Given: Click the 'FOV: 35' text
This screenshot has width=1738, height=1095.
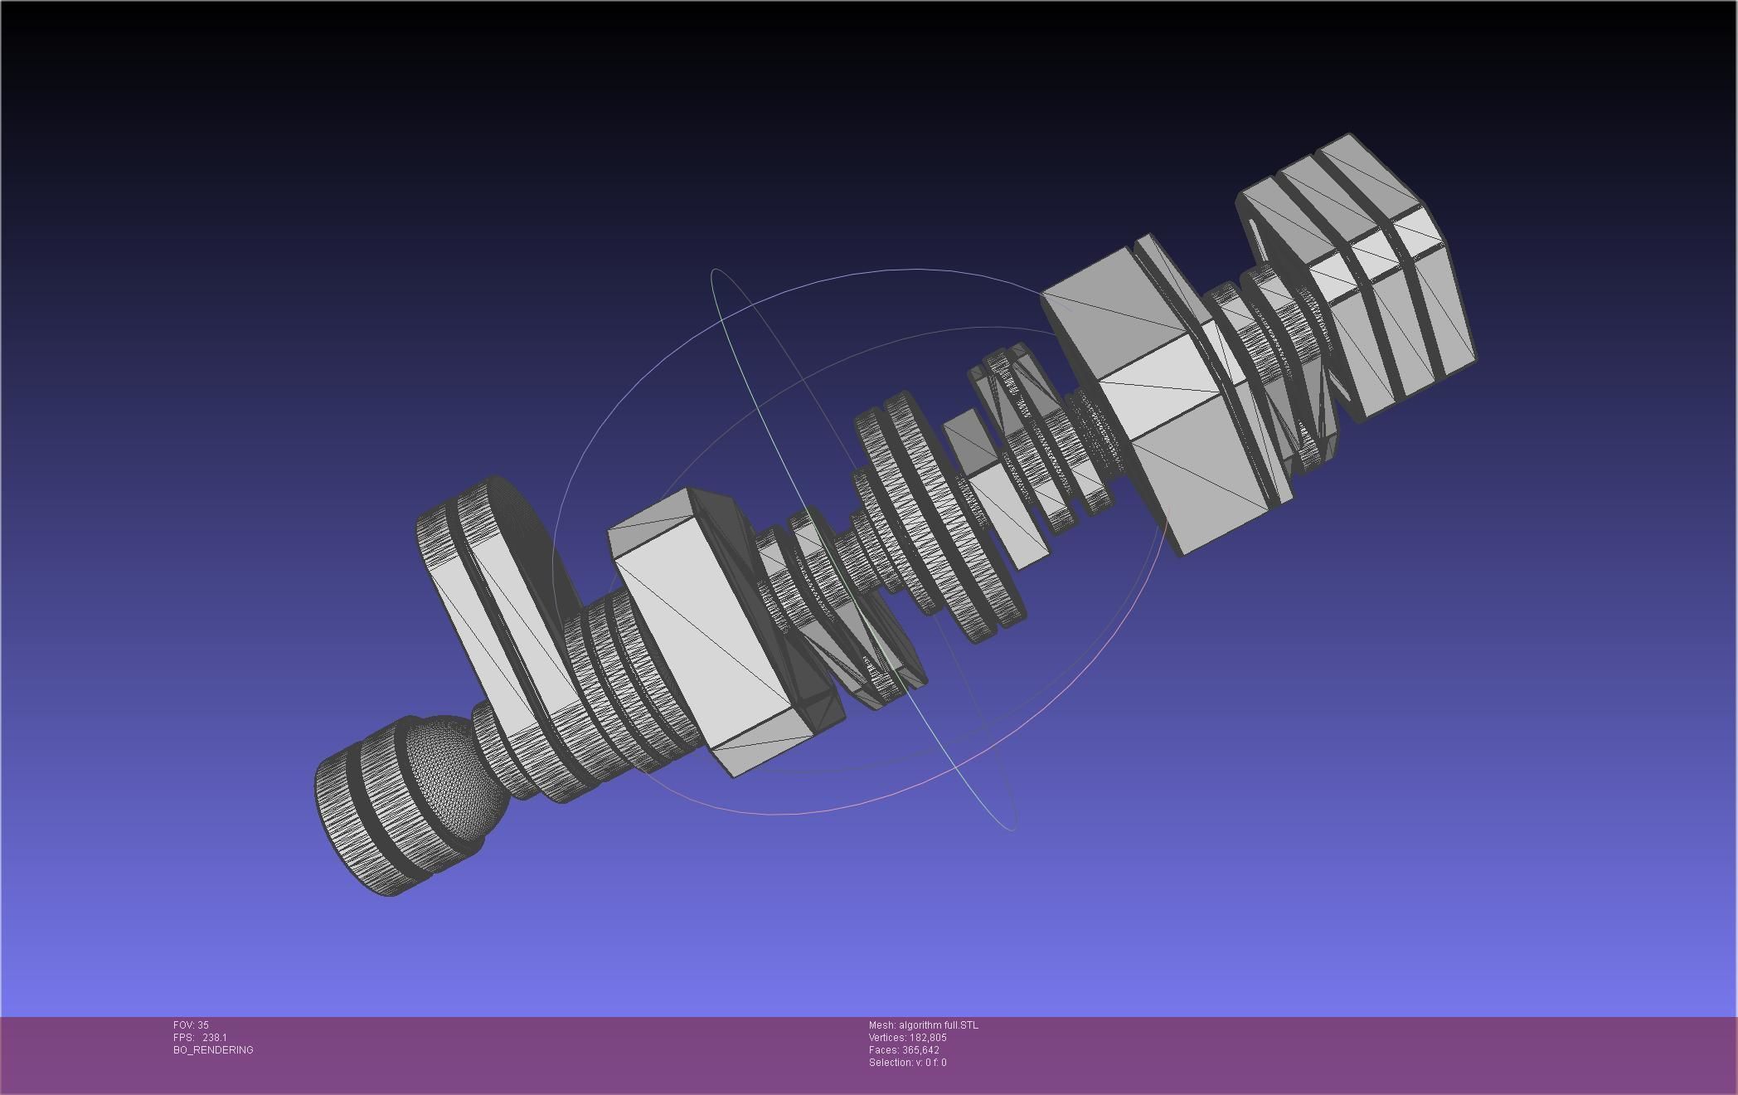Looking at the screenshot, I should pyautogui.click(x=191, y=1025).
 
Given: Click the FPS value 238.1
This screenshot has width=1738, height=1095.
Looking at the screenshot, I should pyautogui.click(x=214, y=1038).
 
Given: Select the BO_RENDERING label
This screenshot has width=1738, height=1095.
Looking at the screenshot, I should pyautogui.click(x=213, y=1050).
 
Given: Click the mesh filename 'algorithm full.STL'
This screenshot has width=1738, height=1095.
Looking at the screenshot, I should pyautogui.click(x=938, y=1025).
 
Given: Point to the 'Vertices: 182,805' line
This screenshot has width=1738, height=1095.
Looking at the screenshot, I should pyautogui.click(x=907, y=1038).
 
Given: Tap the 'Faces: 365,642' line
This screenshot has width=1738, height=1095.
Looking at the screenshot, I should pyautogui.click(x=904, y=1050).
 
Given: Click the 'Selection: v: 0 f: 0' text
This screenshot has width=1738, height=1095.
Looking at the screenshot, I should pyautogui.click(x=907, y=1063).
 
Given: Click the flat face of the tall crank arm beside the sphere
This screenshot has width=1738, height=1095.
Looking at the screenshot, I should pyautogui.click(x=489, y=630).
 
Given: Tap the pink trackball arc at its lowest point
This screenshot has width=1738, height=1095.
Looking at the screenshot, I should pyautogui.click(x=771, y=814).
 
